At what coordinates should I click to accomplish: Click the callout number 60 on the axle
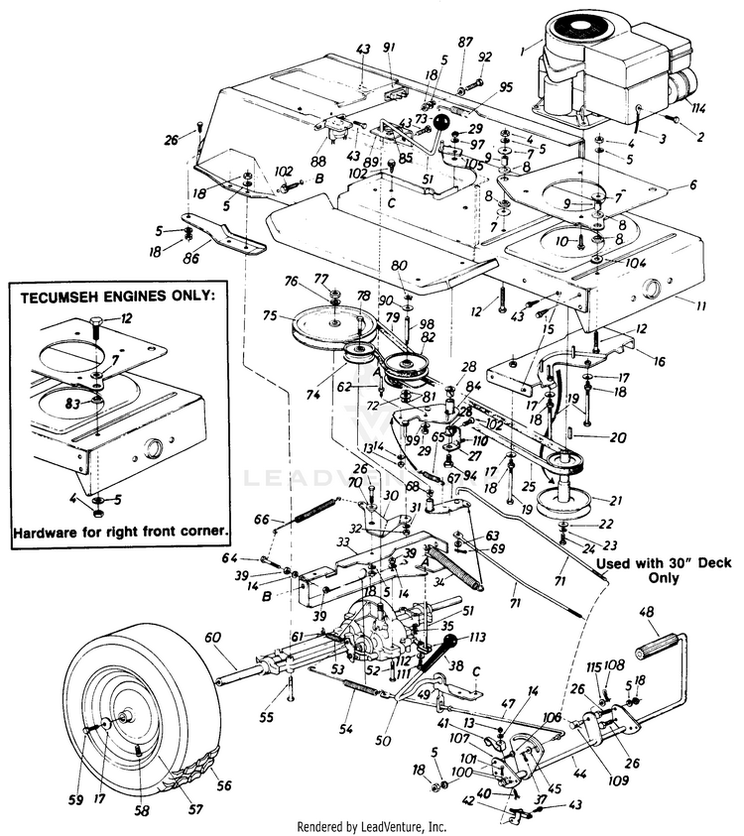tap(211, 637)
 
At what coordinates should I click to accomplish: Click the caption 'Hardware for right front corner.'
tap(121, 532)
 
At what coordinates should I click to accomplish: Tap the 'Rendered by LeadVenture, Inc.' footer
tap(372, 826)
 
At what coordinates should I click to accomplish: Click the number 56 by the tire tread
tap(224, 785)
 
